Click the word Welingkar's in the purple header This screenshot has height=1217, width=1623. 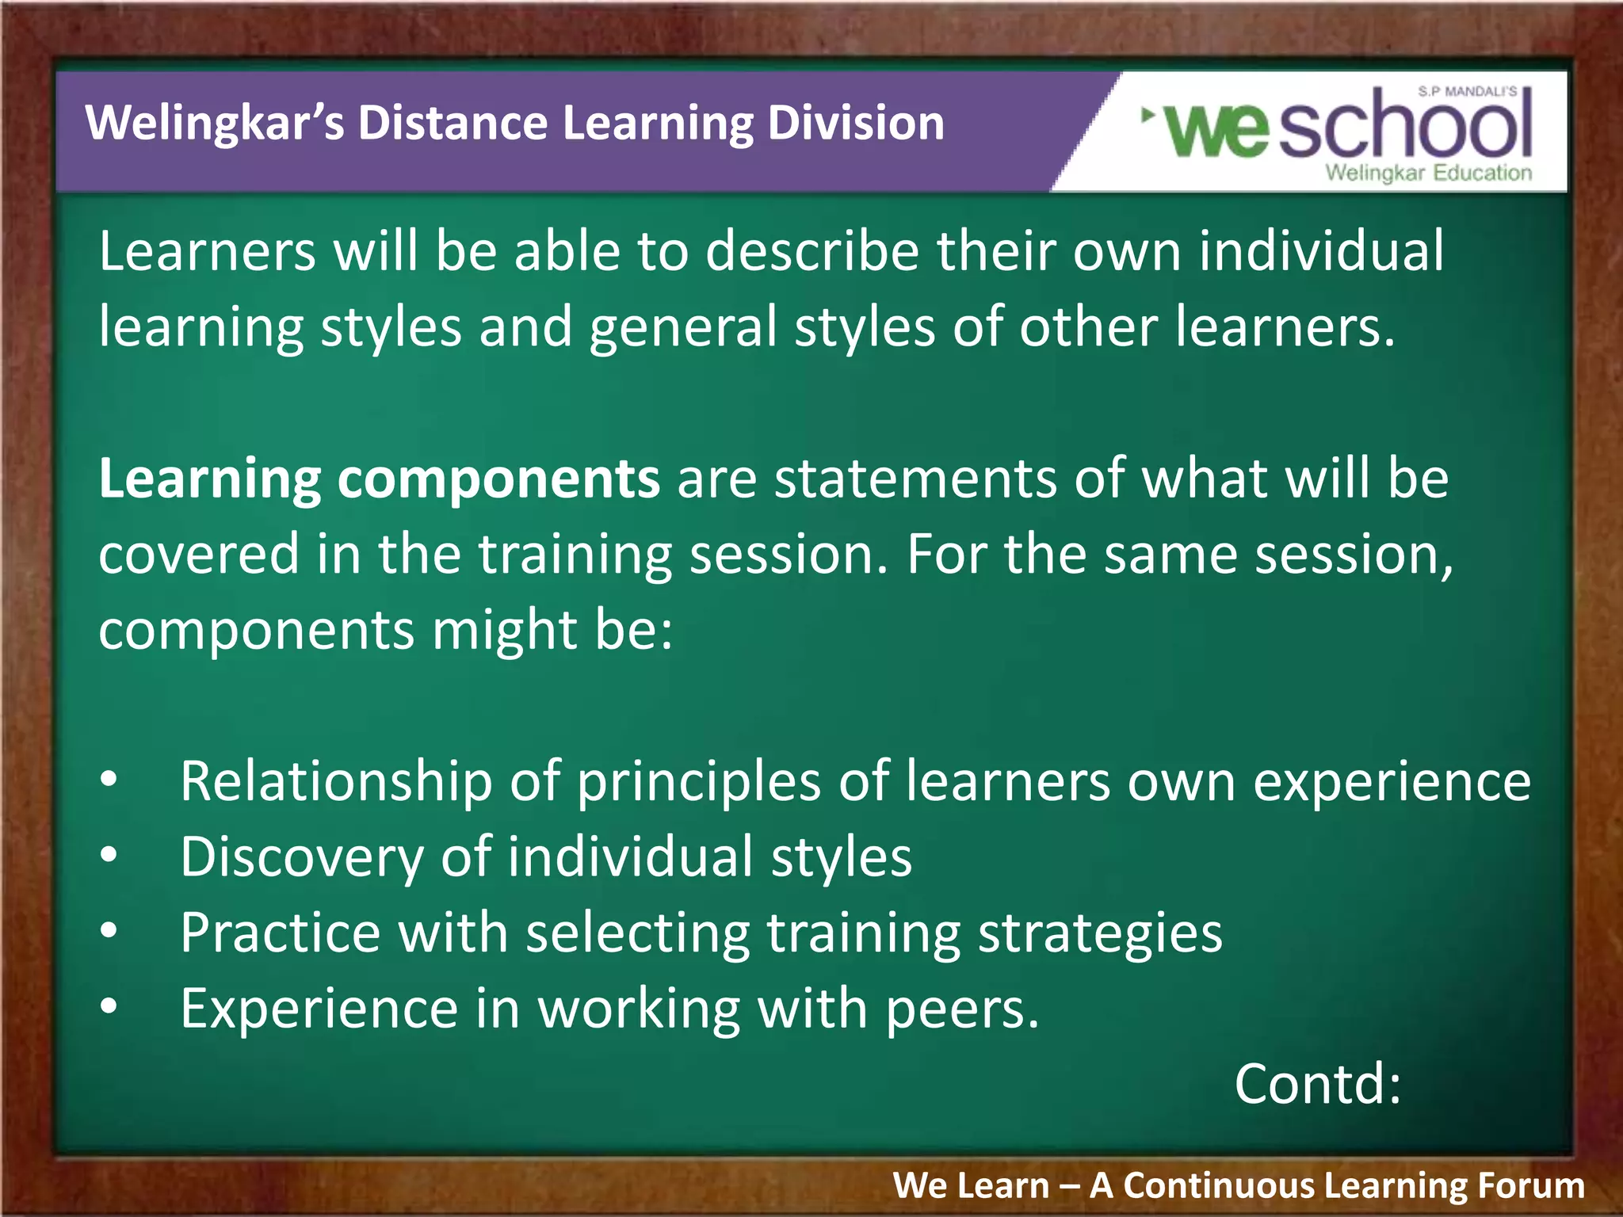coord(214,124)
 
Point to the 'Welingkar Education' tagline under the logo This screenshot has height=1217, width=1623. coord(1428,173)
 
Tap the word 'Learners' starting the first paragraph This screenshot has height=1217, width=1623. coord(207,251)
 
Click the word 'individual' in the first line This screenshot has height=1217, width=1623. coord(1321,251)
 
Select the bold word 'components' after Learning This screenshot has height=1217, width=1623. coord(498,479)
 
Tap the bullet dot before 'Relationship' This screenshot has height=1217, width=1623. coord(109,780)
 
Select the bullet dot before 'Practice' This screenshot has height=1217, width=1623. coord(109,932)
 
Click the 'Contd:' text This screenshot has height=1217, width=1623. coord(1317,1084)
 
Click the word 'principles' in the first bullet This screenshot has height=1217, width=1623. coord(698,782)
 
